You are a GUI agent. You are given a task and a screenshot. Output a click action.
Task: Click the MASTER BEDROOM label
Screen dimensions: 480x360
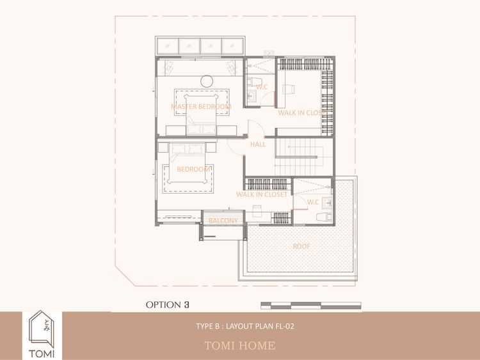201,106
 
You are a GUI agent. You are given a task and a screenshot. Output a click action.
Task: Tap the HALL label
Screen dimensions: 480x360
258,144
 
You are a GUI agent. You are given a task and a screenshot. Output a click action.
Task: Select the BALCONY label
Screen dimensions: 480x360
223,221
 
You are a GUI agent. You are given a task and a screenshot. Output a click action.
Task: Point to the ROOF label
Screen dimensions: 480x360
301,246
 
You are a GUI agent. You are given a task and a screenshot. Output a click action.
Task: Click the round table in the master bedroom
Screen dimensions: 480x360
207,81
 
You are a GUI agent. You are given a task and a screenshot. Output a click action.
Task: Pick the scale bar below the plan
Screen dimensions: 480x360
310,305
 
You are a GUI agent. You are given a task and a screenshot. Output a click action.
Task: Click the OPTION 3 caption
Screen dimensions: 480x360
168,304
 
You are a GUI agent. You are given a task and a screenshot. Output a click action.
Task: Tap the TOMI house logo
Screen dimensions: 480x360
42,334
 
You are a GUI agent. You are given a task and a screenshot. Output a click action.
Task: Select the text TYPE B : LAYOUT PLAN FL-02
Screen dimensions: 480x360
245,326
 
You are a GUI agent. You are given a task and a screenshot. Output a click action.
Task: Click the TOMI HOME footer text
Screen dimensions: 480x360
240,346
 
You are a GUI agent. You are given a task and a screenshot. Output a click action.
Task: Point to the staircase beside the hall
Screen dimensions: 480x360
303,157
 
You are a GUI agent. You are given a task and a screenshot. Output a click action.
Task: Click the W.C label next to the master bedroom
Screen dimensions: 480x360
262,87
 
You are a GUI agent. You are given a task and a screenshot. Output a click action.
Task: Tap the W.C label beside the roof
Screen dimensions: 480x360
312,202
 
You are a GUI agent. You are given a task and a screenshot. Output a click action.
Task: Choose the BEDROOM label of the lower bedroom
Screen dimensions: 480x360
193,169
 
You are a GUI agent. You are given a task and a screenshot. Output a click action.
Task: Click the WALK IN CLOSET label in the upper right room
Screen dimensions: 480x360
303,113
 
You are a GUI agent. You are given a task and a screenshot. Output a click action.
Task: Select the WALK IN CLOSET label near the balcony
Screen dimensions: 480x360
262,194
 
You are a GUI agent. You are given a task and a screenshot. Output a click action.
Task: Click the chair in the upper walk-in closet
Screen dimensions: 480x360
289,89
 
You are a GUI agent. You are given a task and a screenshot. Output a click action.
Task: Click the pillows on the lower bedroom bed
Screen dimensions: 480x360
187,148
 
